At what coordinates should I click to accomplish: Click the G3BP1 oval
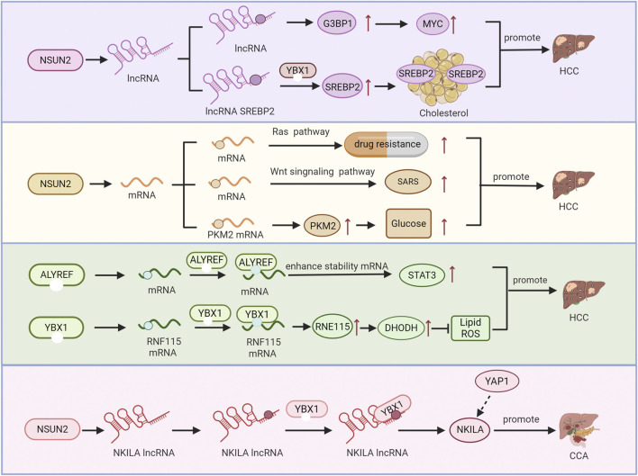pos(337,23)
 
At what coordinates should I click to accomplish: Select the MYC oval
pos(433,23)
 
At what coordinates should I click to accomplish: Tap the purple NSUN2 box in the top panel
pos(55,60)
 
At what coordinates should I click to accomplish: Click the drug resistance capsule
pos(387,144)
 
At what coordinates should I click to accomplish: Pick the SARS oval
pos(407,182)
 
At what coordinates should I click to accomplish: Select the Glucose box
pos(408,223)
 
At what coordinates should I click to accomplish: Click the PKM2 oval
pos(323,226)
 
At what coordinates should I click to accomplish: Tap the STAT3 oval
pos(422,275)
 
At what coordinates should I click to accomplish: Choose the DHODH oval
pos(401,328)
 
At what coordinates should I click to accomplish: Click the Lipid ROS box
pos(470,328)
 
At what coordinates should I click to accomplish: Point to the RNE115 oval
pos(333,326)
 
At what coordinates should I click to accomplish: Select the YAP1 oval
pos(497,381)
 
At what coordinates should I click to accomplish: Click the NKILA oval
pos(470,430)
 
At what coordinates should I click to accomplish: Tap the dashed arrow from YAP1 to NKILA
pos(484,405)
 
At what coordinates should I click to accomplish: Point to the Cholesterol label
pos(443,112)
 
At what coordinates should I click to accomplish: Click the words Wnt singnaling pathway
pos(323,172)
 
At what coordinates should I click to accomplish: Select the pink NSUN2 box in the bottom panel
pos(52,429)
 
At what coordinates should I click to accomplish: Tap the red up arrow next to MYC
pos(453,23)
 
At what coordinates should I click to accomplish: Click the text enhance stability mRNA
pos(337,266)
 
